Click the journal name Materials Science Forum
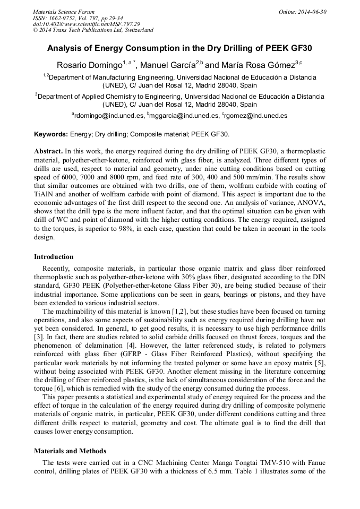(64, 12)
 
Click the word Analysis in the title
(67, 48)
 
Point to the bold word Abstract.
(49, 152)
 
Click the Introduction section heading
(54, 257)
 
